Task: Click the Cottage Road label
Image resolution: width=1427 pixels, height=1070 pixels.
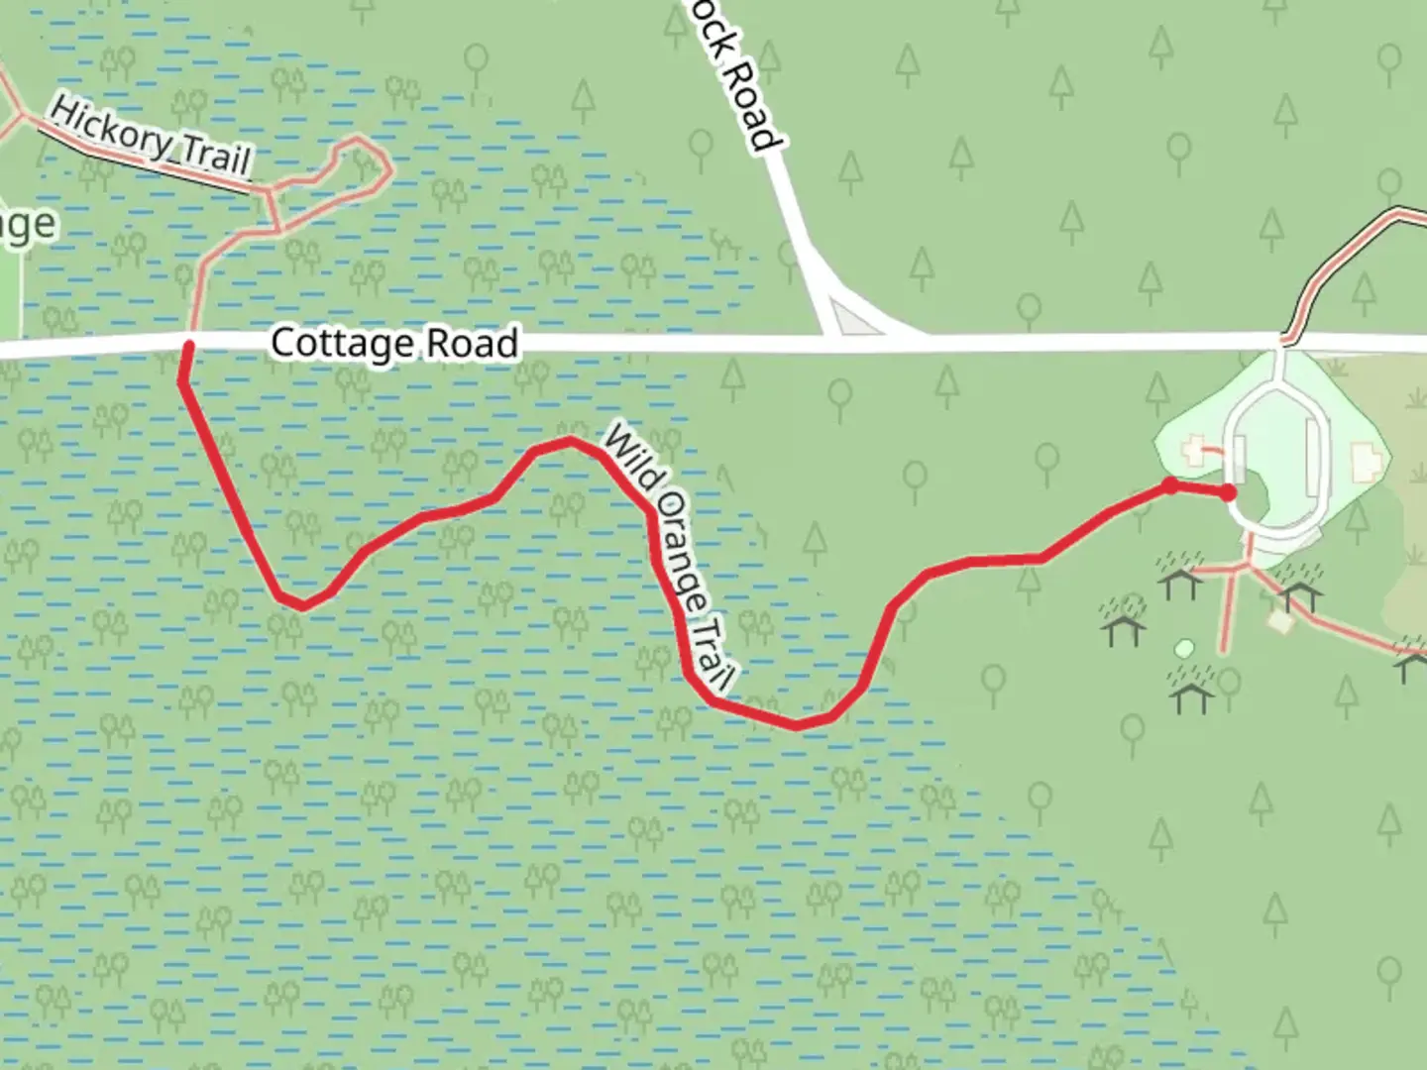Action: click(x=394, y=343)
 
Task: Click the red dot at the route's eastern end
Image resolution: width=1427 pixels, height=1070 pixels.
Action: click(x=1229, y=492)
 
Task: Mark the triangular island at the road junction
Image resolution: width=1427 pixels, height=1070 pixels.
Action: click(x=850, y=319)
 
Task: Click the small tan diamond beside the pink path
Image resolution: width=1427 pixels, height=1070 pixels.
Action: click(x=1279, y=622)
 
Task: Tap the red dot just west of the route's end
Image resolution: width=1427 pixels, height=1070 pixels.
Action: click(x=1170, y=485)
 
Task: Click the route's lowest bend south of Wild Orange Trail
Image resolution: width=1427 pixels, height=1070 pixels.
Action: click(x=796, y=725)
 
